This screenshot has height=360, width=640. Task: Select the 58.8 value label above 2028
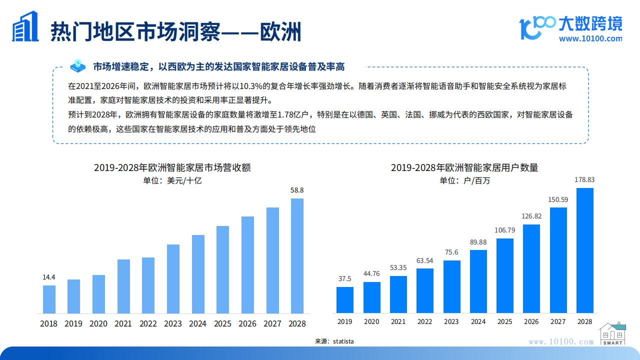[297, 190]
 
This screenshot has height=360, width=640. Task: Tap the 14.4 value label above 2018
[48, 277]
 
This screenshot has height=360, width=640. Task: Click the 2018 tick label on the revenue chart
[48, 324]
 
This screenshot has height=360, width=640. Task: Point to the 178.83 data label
[584, 179]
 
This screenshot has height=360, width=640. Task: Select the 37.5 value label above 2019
[345, 278]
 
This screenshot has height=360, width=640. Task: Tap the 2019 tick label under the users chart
[345, 321]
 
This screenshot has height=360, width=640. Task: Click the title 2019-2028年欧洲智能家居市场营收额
[172, 168]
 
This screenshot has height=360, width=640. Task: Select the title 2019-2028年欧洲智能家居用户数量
[464, 168]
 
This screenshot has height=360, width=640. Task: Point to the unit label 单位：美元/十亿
[172, 180]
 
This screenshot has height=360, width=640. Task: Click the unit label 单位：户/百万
[464, 180]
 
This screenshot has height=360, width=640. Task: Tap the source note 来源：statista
[334, 341]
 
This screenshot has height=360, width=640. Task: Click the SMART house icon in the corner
[612, 334]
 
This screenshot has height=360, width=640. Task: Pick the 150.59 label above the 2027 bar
[558, 199]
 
